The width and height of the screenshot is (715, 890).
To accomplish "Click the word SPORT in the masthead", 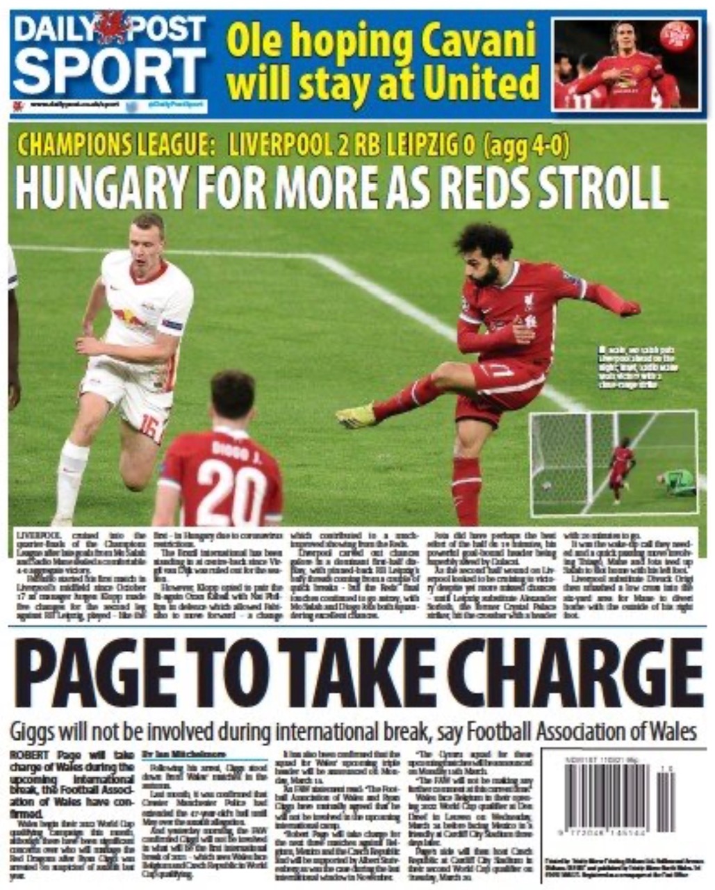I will point(109,71).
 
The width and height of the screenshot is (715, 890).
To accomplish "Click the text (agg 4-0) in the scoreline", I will point(528,145).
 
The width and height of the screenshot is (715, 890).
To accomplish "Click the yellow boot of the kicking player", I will point(356,416).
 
